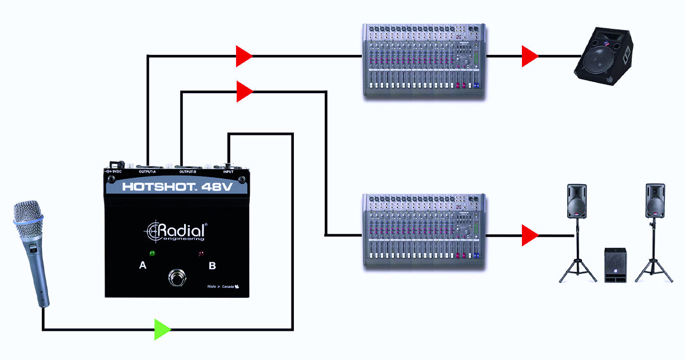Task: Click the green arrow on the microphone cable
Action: [x=162, y=330]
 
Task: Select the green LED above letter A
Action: [x=153, y=253]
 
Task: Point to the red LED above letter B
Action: [x=201, y=254]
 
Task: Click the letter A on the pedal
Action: [x=143, y=266]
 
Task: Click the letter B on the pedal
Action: [x=212, y=266]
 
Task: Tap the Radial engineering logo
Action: [x=177, y=232]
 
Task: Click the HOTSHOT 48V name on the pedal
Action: [x=176, y=186]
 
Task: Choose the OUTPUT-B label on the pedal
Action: [x=188, y=172]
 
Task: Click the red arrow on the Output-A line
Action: [x=244, y=56]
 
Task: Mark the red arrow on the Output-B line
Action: [x=244, y=91]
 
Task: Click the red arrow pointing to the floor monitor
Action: [x=529, y=56]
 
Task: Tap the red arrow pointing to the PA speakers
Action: [x=529, y=235]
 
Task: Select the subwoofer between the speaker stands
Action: [x=615, y=265]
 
